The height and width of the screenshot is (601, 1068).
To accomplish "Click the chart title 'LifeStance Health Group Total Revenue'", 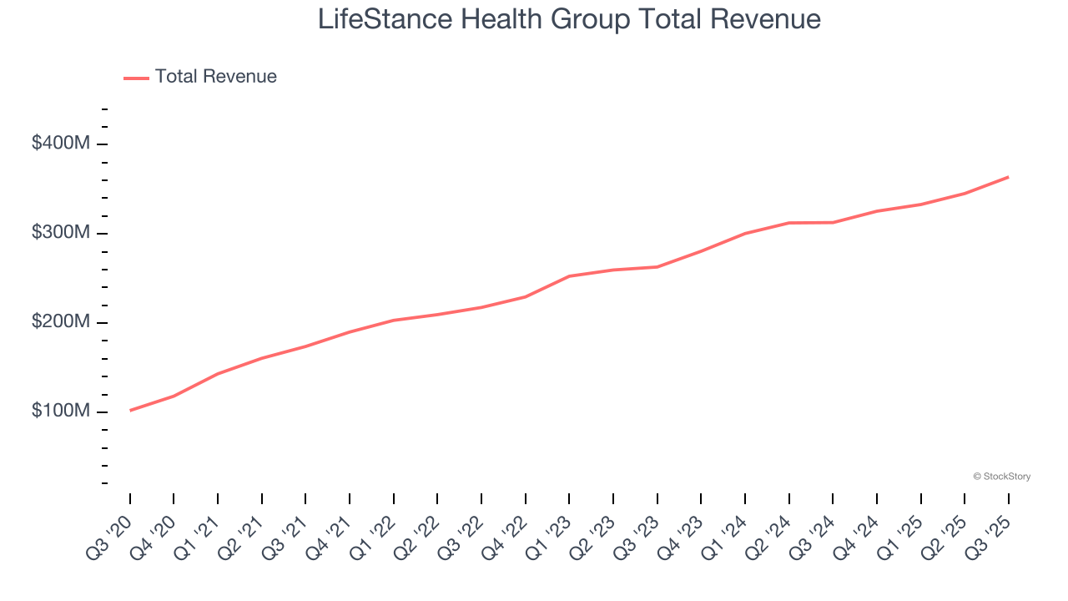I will pos(569,19).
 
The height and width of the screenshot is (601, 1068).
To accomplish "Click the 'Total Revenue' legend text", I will pos(215,77).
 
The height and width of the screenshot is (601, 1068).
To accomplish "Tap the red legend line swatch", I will pos(136,78).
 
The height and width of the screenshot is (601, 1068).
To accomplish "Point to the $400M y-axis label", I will pos(60,144).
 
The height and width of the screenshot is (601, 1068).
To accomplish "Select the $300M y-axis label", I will pos(60,233).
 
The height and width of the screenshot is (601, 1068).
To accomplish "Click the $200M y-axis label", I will pos(60,322).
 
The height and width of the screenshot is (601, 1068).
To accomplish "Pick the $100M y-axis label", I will pos(60,412).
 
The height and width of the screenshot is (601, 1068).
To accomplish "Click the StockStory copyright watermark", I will pos(1001,477).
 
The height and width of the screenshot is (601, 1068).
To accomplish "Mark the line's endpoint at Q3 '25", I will pos(1008,177).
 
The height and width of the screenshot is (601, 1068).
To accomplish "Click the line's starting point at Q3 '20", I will pos(130,410).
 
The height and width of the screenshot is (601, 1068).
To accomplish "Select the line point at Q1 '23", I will pos(569,276).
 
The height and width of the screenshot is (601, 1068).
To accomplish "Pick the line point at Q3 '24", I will pos(833,222).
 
